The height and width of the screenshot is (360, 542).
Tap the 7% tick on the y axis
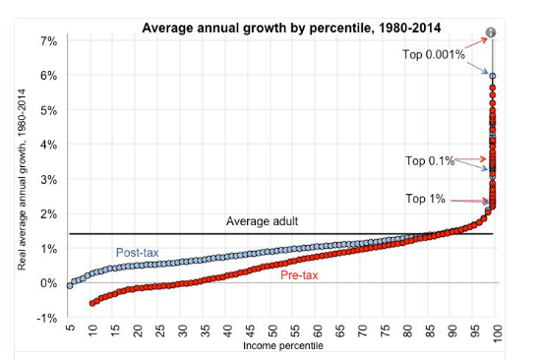(x=49, y=41)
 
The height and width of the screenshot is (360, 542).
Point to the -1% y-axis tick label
(x=46, y=318)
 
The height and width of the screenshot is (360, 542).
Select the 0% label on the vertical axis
(x=49, y=283)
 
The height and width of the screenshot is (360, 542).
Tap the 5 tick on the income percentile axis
(x=70, y=328)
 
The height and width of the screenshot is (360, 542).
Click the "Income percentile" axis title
(x=283, y=346)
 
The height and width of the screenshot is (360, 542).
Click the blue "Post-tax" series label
(x=138, y=253)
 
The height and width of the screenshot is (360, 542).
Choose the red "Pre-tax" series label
(x=299, y=275)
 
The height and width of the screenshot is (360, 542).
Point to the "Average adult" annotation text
(x=262, y=221)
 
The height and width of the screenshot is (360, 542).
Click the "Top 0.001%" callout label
(x=434, y=54)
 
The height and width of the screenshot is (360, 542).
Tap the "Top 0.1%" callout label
(x=430, y=161)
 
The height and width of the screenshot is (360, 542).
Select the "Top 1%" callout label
(x=425, y=199)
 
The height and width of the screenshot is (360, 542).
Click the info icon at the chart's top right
(x=491, y=32)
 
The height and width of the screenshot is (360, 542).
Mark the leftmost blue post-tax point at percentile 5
(x=70, y=285)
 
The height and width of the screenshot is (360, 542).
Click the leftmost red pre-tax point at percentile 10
(x=92, y=303)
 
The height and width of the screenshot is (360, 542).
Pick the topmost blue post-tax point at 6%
(x=493, y=76)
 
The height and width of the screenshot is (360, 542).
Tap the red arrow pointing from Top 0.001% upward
(x=475, y=43)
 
